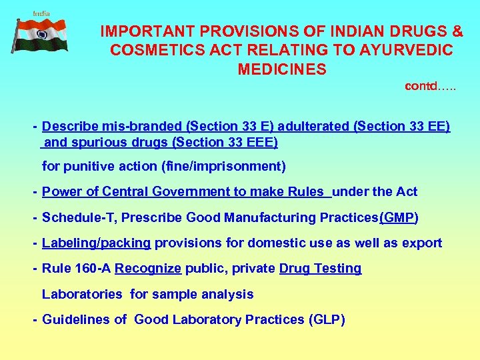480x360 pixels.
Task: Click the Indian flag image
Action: [41, 35]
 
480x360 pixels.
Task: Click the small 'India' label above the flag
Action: [41, 13]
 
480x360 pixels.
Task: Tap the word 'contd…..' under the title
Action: [430, 86]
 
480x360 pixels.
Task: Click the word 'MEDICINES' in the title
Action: [281, 69]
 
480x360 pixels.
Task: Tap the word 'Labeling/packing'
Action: [97, 243]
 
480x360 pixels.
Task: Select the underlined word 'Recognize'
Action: [148, 269]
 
